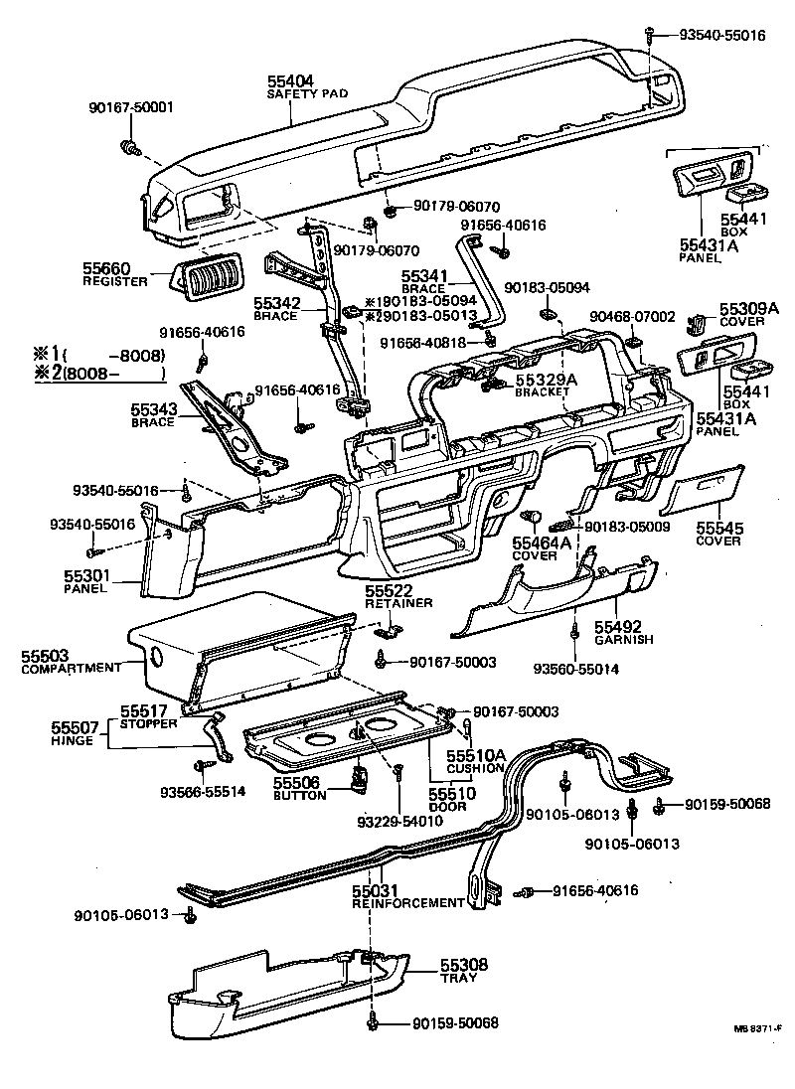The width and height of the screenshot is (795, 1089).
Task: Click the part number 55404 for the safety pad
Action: (x=290, y=82)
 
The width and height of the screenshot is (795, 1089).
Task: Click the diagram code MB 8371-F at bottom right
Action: (x=760, y=1029)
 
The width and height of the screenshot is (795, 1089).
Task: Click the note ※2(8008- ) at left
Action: (x=98, y=376)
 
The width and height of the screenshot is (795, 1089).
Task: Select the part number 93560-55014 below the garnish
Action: (x=576, y=670)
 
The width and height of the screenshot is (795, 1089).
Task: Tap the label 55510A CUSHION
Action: (x=477, y=762)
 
